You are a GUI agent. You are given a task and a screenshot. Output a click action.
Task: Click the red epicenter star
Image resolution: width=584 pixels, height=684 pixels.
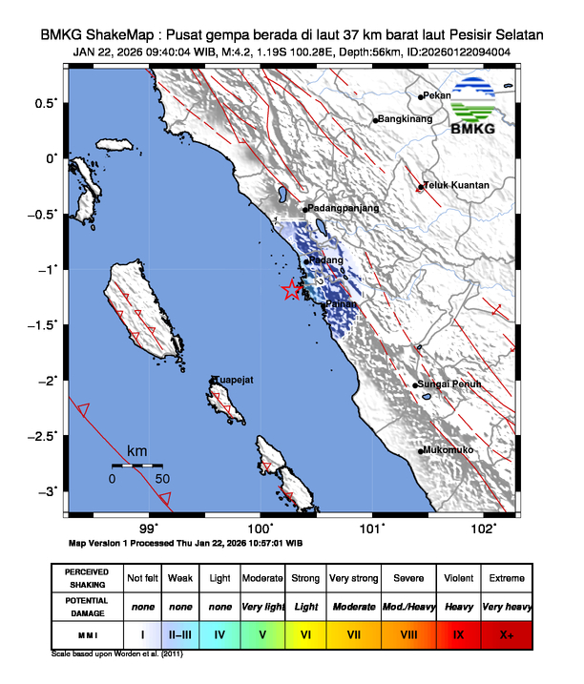[292, 291]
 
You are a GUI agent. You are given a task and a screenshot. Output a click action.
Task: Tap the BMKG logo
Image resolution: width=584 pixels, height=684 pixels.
[481, 107]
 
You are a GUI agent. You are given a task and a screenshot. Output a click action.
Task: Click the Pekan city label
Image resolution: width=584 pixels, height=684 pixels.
[437, 95]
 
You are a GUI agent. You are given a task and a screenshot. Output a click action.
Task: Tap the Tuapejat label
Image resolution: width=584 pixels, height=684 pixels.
[233, 380]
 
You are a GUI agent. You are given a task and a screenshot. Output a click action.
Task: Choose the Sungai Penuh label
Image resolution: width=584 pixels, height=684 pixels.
[451, 384]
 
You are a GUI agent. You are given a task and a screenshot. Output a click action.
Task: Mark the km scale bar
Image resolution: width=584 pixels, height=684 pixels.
[136, 466]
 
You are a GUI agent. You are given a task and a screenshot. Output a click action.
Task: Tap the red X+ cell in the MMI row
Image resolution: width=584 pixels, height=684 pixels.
[506, 632]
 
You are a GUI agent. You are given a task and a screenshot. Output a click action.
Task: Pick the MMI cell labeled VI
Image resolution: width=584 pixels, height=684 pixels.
[305, 632]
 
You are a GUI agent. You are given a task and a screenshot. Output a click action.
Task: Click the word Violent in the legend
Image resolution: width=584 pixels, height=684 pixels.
[459, 578]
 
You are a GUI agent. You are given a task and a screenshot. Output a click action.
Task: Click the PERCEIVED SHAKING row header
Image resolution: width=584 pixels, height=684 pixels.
[87, 578]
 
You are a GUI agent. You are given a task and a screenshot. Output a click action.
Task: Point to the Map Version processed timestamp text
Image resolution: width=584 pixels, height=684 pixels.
[186, 542]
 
